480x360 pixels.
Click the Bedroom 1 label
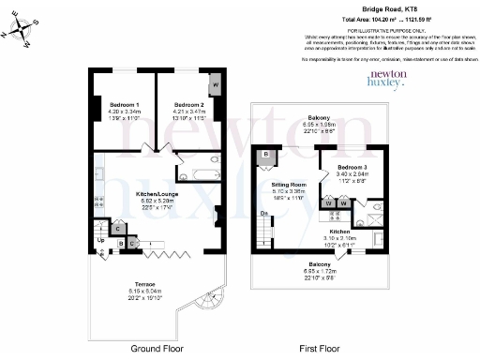click(124, 104)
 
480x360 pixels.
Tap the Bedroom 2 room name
click(188, 104)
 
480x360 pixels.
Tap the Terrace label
click(143, 282)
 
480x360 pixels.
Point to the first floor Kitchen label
click(339, 231)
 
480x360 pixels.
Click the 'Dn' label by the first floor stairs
click(265, 214)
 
